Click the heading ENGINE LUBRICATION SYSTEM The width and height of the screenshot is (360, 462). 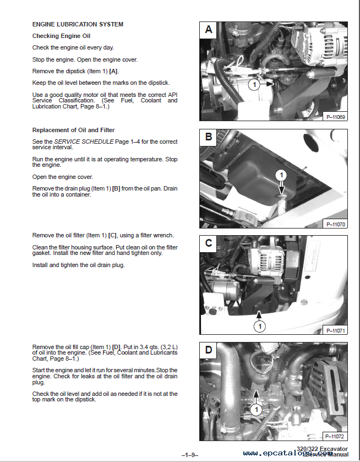click(x=78, y=24)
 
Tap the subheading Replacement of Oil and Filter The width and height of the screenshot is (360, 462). click(x=73, y=130)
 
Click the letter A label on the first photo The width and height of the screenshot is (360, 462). click(x=209, y=30)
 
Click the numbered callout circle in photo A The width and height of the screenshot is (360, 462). click(x=254, y=84)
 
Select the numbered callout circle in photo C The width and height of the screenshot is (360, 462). click(x=259, y=326)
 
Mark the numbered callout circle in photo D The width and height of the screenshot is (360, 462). click(x=255, y=409)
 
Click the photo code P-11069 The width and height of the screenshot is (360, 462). click(x=334, y=117)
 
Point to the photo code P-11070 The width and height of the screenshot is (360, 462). click(x=334, y=224)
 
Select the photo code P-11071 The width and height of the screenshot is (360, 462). click(x=334, y=330)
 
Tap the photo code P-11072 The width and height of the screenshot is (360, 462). click(x=334, y=436)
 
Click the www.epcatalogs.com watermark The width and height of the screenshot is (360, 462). click(x=281, y=454)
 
